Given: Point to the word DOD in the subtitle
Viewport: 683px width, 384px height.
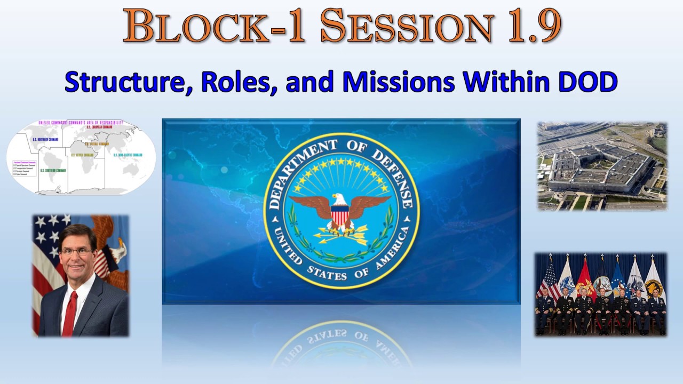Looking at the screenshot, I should coord(586,82).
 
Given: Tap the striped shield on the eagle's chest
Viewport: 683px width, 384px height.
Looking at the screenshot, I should coord(340,216).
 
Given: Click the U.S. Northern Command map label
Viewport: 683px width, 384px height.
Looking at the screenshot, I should coord(45,140).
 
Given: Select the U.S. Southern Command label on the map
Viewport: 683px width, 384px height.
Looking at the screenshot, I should coord(53,170).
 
